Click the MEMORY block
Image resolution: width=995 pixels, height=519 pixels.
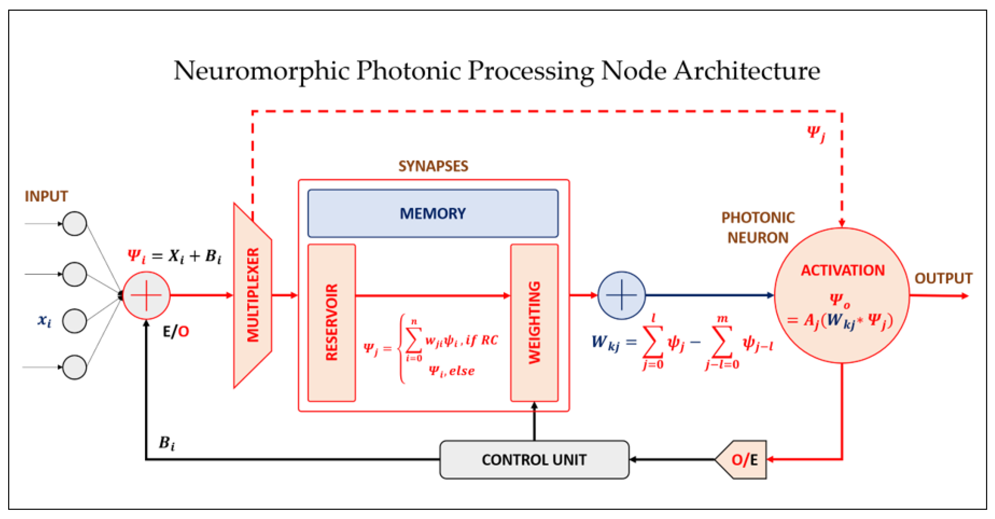(x=433, y=213)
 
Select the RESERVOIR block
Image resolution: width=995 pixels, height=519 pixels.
(x=331, y=323)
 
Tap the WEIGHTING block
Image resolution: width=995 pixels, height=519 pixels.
(x=534, y=323)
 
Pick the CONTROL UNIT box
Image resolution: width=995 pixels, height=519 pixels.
(x=534, y=460)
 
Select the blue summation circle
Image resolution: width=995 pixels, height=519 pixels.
(x=621, y=296)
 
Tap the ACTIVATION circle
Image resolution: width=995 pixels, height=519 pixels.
(x=842, y=296)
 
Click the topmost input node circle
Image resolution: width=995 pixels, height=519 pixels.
(x=74, y=223)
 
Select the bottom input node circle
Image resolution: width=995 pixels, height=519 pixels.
(x=74, y=367)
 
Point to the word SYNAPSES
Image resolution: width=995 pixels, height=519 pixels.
(x=433, y=166)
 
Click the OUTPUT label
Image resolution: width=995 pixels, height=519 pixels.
(x=943, y=278)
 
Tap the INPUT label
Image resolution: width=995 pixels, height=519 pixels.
(x=46, y=196)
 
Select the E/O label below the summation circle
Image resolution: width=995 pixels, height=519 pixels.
(x=176, y=332)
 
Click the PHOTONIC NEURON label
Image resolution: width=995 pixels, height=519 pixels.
(x=758, y=228)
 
